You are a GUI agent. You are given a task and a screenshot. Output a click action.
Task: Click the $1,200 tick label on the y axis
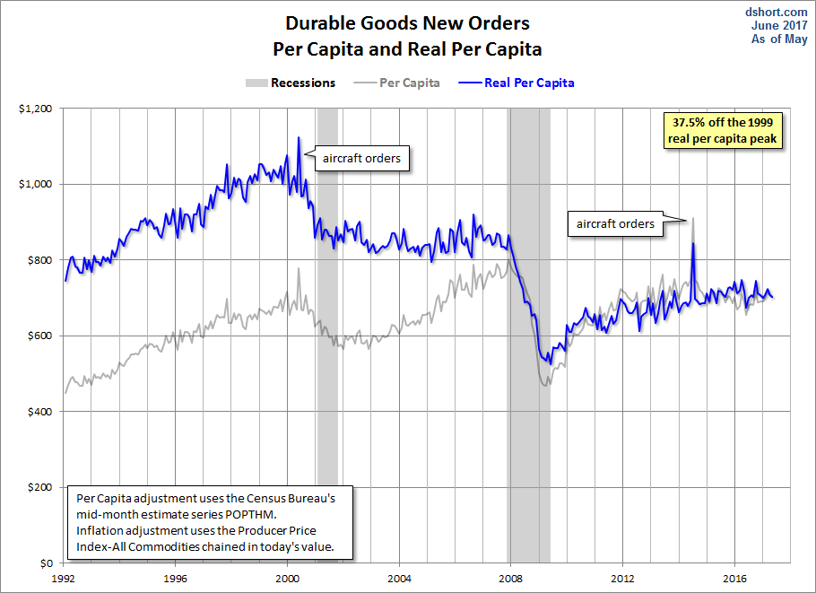35,109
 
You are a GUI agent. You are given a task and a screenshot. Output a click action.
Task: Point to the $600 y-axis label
39,336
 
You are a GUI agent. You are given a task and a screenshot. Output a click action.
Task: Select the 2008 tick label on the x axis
510,579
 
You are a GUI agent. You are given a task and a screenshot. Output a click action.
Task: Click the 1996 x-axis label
175,579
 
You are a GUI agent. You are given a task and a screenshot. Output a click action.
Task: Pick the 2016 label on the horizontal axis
734,579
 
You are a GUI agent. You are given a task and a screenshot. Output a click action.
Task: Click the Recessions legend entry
291,83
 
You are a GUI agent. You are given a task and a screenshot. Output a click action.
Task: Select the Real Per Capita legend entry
517,83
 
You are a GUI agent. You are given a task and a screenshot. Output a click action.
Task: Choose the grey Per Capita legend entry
396,83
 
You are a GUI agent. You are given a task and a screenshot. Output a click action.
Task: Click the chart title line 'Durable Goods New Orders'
407,23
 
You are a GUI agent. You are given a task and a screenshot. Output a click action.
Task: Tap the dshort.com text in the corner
776,12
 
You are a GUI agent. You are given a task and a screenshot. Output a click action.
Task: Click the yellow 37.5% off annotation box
723,131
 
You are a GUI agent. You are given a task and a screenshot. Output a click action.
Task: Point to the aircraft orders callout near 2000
361,158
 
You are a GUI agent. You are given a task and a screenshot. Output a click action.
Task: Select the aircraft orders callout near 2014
615,224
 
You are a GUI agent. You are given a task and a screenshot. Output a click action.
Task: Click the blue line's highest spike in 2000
299,137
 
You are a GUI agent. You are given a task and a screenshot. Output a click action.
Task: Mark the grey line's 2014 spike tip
693,218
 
